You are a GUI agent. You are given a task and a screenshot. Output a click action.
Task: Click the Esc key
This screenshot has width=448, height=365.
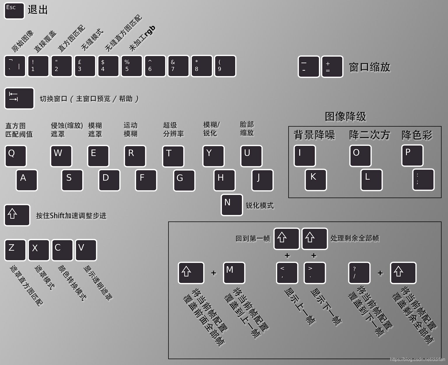14,11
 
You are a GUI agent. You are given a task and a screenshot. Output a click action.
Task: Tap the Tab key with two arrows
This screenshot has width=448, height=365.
19,98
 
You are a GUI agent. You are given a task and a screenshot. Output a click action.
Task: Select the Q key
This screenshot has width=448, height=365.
15,156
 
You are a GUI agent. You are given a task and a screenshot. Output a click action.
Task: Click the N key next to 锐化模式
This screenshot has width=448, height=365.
232,205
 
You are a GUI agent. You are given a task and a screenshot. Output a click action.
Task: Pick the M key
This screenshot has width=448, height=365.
234,273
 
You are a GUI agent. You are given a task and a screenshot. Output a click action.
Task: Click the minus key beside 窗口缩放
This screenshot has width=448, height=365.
309,67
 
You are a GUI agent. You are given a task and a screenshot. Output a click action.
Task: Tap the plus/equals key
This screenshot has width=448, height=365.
332,67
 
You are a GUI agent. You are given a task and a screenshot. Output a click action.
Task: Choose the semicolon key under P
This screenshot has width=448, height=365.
424,179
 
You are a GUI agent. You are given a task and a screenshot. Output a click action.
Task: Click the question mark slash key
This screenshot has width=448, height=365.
359,273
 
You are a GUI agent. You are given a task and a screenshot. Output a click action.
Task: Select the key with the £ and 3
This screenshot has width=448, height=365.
85,66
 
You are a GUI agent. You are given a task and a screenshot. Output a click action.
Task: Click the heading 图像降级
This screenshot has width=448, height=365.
345,116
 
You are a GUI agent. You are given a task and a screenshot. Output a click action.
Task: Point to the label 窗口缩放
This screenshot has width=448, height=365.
370,67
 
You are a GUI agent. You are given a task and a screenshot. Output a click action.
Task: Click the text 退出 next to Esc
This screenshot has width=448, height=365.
38,10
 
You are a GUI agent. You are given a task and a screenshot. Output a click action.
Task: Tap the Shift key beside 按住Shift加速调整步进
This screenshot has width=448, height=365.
17,215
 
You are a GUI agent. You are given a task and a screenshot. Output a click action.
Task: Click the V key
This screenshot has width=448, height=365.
86,250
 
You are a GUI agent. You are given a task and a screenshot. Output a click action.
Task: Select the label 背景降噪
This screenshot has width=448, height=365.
314,135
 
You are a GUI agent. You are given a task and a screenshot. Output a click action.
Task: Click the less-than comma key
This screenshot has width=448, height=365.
287,273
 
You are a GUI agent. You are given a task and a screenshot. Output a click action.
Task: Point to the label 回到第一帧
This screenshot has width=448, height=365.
253,238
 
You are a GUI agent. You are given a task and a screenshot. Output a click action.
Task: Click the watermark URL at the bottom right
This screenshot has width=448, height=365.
417,359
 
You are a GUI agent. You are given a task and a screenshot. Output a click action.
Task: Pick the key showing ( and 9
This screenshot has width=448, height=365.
225,66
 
